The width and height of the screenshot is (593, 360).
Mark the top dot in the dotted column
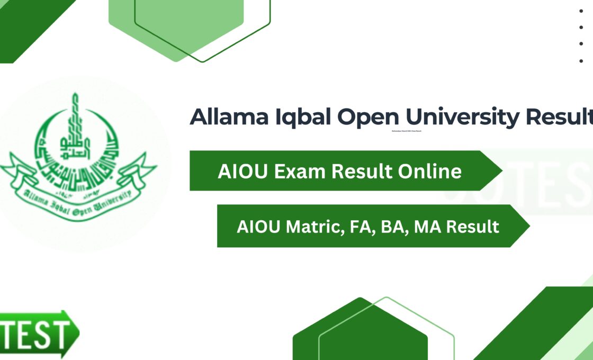pyautogui.click(x=581, y=11)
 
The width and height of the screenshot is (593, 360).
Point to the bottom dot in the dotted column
pyautogui.click(x=581, y=61)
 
